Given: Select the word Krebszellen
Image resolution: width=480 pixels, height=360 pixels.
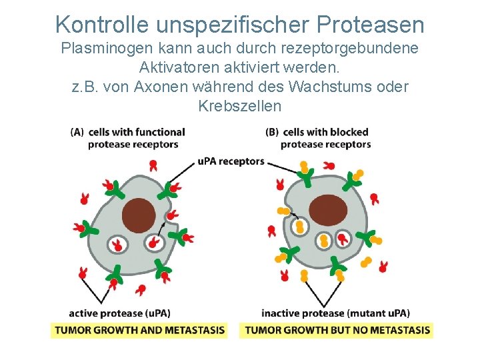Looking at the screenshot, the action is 240,106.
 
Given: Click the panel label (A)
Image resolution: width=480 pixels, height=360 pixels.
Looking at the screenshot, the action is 77,132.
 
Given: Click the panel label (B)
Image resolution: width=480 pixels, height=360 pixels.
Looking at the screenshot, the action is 271,132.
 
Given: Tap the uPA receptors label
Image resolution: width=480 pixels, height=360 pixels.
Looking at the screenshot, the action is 231,161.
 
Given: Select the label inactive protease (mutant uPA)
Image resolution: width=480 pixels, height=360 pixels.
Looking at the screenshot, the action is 335,313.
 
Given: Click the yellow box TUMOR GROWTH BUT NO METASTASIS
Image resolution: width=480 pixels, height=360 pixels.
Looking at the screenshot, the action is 336,330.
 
